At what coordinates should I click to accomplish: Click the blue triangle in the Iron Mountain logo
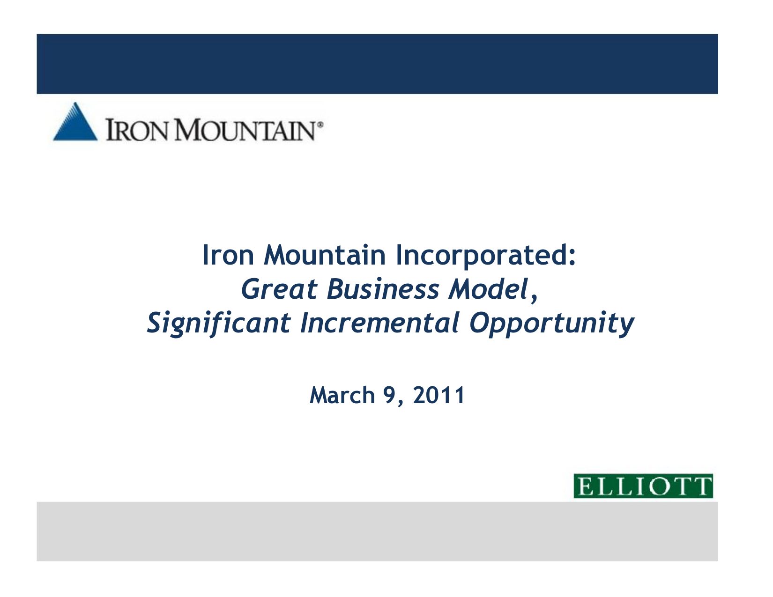coord(75,125)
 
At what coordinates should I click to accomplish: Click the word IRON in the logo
coord(137,130)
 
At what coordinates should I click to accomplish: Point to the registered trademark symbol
coord(320,125)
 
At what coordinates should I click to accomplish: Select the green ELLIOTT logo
coord(643,486)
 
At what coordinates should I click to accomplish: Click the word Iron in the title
coord(228,255)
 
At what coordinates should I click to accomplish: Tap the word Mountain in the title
coord(325,255)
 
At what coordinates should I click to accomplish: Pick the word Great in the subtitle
coord(279,289)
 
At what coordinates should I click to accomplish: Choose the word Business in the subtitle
coord(383,289)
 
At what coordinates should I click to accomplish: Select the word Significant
coord(219,324)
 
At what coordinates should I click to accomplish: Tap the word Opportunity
coord(551,324)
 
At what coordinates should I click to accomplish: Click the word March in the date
coord(342,395)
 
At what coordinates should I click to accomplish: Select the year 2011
coord(439,395)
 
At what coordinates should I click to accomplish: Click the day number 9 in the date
coord(389,395)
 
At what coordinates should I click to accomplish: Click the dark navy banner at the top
coord(378,64)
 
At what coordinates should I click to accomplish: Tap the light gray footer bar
coord(378,531)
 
